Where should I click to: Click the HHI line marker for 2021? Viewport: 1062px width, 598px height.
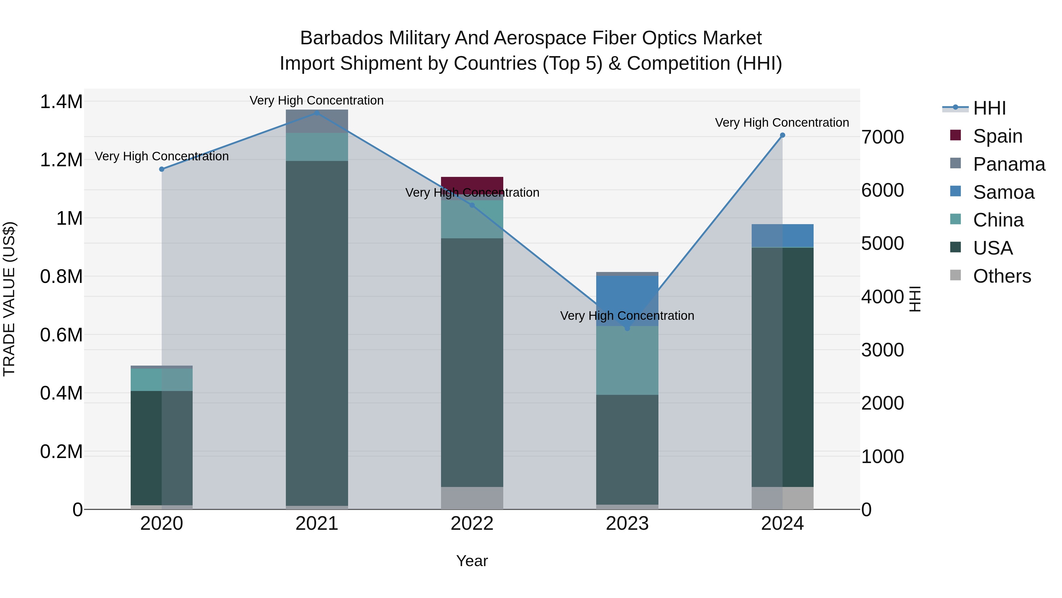point(317,113)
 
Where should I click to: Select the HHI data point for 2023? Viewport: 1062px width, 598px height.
point(627,328)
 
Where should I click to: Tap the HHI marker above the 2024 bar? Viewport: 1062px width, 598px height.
point(782,135)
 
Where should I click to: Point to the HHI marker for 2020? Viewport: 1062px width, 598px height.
point(162,169)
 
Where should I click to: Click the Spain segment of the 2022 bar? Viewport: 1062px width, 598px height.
point(472,184)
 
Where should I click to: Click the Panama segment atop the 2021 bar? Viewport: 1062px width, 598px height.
point(317,121)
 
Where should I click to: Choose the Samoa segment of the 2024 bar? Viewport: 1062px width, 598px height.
point(782,236)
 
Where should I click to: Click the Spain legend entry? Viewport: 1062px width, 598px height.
point(998,136)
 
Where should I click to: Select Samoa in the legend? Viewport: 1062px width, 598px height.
point(1004,192)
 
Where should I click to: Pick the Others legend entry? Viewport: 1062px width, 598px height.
point(1002,276)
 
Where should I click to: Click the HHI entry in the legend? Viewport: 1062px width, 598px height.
point(989,108)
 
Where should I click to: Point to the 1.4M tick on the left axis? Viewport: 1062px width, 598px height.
point(61,102)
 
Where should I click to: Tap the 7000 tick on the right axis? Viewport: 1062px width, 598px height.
point(883,137)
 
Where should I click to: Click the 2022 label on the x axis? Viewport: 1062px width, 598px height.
point(472,524)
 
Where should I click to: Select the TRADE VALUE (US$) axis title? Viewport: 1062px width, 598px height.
point(9,299)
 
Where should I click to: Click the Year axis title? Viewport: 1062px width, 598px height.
point(472,561)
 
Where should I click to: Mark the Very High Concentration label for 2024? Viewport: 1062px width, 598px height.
point(782,123)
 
